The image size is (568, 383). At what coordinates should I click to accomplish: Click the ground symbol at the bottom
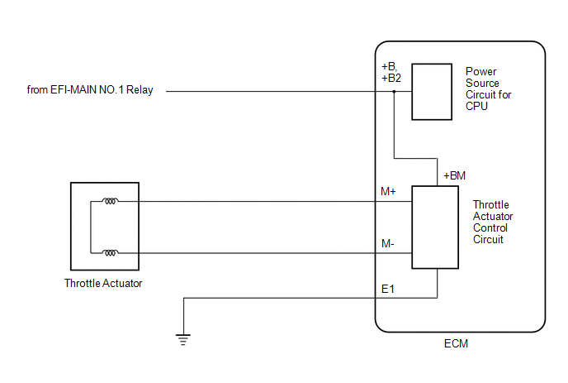[x=183, y=339]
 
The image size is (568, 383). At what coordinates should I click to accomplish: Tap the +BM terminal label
[x=454, y=175]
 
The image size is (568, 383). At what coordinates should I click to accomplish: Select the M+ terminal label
[x=388, y=191]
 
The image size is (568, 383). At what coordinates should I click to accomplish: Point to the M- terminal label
[x=387, y=243]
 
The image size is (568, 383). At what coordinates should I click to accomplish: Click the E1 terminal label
[x=387, y=289]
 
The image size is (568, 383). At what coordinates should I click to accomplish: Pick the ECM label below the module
[x=456, y=343]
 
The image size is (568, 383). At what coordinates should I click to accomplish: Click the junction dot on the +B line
[x=394, y=92]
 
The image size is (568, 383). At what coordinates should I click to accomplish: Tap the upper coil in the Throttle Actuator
[x=110, y=201]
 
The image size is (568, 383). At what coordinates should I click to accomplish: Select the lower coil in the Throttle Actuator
[x=110, y=252]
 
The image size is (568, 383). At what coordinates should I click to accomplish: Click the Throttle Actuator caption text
[x=103, y=283]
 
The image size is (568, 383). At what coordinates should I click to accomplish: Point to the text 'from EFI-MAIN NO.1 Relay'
[x=90, y=89]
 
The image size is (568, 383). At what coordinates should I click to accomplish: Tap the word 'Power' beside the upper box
[x=480, y=71]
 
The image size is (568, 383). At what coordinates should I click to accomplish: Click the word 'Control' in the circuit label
[x=490, y=228]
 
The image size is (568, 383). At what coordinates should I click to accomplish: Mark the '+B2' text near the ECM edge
[x=391, y=78]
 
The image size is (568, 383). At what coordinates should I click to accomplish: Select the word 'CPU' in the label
[x=476, y=107]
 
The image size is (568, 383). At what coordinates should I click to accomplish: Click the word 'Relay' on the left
[x=140, y=90]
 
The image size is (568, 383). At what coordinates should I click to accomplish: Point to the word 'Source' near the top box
[x=482, y=83]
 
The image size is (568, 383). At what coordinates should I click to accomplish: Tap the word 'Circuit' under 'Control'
[x=488, y=240]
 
